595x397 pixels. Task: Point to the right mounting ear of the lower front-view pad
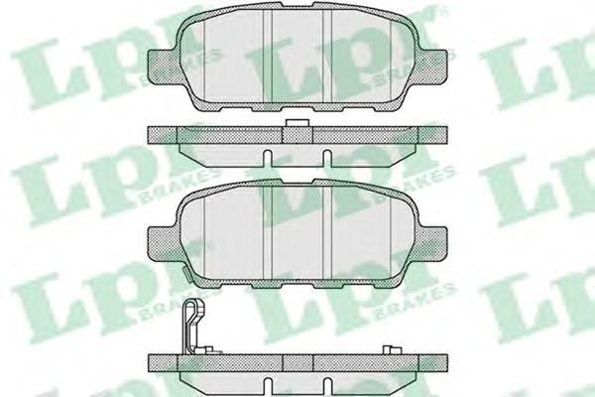(433, 243)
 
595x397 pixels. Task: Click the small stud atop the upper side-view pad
(297, 123)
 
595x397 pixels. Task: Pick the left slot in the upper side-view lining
(268, 159)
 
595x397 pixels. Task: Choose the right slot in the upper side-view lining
(326, 159)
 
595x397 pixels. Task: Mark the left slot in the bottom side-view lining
(268, 387)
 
